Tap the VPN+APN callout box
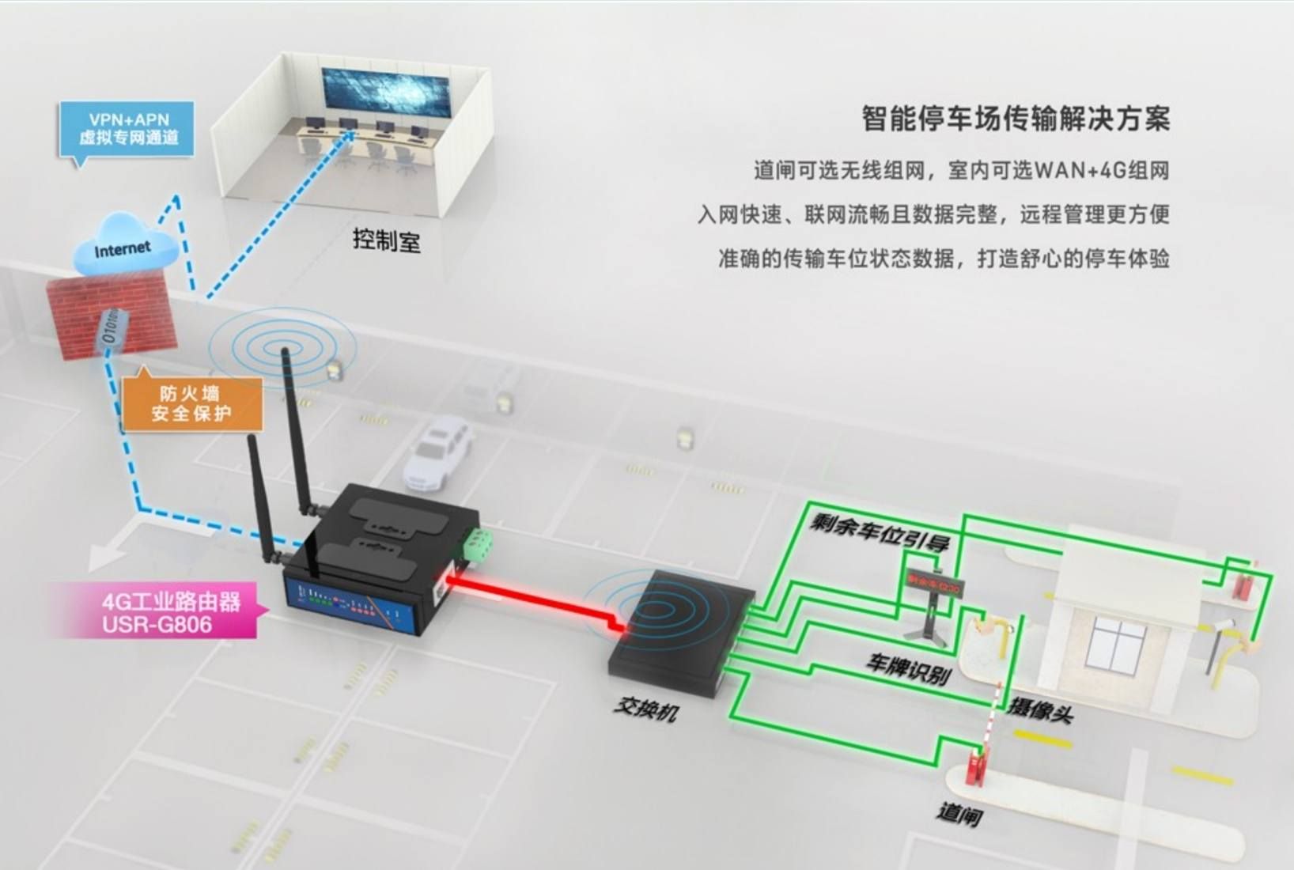[x=127, y=129]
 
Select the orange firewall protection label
[x=191, y=403]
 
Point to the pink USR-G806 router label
[x=169, y=612]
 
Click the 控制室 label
[x=387, y=240]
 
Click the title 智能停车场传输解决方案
[x=1015, y=119]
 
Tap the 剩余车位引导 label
[x=879, y=532]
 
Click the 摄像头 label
[x=1041, y=709]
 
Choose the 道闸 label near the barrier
[x=959, y=812]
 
